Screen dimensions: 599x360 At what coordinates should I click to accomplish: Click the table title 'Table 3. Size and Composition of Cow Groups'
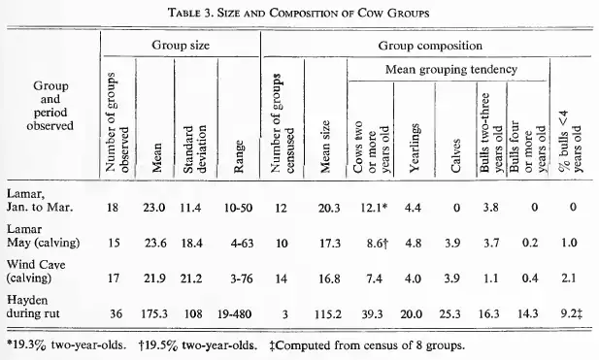pos(299,13)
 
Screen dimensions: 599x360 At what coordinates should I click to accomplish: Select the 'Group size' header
pos(181,46)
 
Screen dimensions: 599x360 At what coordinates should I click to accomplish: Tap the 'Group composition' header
pos(430,46)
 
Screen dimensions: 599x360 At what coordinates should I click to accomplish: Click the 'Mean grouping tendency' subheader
pos(451,70)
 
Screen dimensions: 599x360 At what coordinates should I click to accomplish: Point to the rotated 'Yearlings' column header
pos(415,147)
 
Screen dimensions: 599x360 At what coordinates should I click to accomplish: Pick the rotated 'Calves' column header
pos(455,156)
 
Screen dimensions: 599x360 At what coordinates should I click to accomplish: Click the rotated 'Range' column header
pos(239,156)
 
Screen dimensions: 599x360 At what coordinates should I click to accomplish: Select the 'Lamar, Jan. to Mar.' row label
pos(40,201)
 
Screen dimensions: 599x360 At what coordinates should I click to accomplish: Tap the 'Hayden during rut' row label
pos(33,307)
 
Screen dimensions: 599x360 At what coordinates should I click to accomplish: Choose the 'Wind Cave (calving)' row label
pos(36,271)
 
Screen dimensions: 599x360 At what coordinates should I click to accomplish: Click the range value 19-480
pos(235,314)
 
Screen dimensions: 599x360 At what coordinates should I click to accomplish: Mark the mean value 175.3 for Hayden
pos(154,314)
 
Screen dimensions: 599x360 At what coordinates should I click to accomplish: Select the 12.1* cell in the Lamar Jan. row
pos(375,208)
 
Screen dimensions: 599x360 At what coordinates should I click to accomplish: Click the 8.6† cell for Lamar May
pos(378,244)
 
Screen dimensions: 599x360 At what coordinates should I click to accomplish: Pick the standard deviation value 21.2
pos(191,278)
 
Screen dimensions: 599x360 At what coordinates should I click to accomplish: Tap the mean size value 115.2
pos(328,314)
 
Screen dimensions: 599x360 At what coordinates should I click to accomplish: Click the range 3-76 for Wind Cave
pos(242,278)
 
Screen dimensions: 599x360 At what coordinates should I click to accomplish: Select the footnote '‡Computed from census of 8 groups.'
pos(367,345)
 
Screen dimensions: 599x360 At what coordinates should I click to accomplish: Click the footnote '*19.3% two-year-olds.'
pos(66,345)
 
